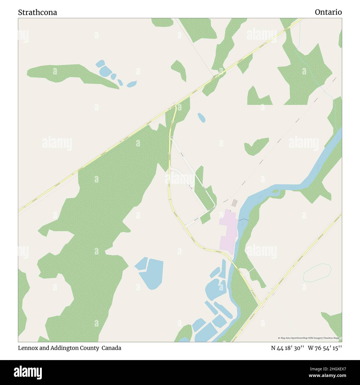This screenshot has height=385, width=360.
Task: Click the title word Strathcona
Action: click(x=38, y=12)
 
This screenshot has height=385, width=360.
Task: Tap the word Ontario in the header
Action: click(x=328, y=12)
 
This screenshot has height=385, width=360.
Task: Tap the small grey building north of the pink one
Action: click(x=235, y=203)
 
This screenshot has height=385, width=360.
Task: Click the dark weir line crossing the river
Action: click(x=243, y=220)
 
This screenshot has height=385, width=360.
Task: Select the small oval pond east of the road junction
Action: click(x=201, y=118)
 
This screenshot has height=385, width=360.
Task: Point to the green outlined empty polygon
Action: click(x=317, y=273)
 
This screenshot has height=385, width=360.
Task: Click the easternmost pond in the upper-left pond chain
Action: click(x=132, y=84)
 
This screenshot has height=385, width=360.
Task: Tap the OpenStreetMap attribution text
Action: click(x=309, y=338)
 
